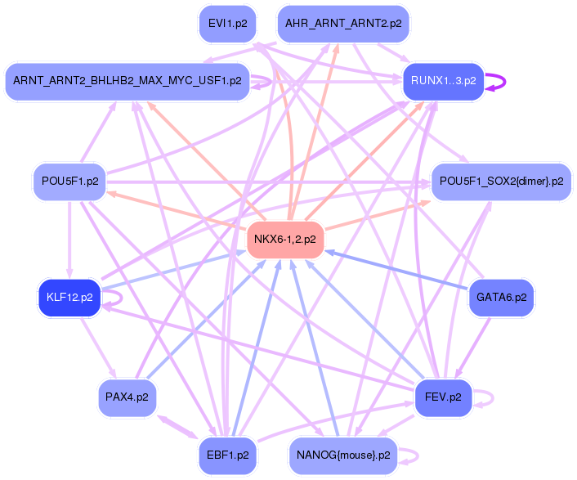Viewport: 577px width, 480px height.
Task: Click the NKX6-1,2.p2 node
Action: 285,240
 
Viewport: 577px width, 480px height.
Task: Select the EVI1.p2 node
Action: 227,24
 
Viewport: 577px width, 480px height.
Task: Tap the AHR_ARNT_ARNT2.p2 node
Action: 342,24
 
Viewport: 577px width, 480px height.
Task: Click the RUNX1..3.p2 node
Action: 443,81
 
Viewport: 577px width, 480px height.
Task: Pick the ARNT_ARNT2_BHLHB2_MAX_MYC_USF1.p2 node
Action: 127,81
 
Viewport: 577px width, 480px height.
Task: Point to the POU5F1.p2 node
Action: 69,182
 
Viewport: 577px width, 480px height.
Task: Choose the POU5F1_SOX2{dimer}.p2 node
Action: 501,182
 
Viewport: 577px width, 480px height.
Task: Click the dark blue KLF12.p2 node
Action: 69,297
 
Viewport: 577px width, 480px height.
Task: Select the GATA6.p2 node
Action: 501,297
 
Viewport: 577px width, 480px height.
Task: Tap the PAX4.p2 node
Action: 127,397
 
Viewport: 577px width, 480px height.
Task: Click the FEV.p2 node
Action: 443,397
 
